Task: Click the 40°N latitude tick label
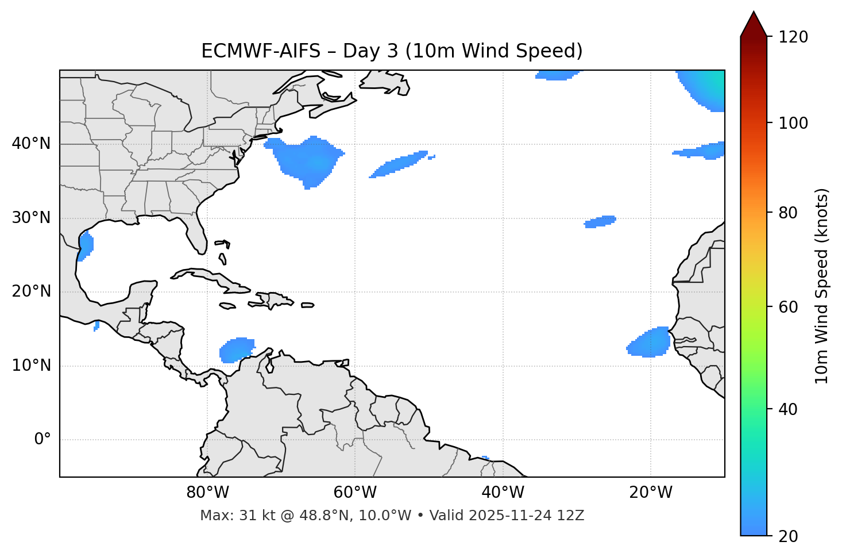(x=31, y=144)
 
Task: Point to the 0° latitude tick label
(x=43, y=440)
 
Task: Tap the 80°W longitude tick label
(x=207, y=493)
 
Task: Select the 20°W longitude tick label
(x=651, y=493)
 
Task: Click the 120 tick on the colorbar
(x=793, y=37)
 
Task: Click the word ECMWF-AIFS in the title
(x=260, y=51)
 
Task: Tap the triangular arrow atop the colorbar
(x=754, y=24)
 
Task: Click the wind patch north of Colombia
(x=236, y=349)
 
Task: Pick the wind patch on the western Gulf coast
(x=86, y=246)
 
